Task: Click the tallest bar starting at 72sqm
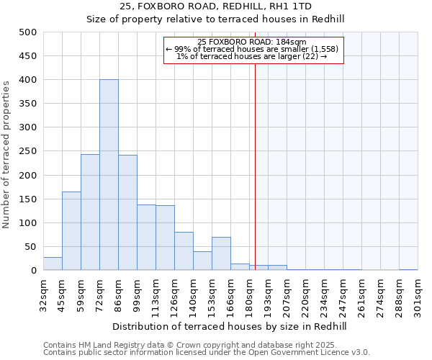pyautogui.click(x=109, y=175)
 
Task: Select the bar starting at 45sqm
pyautogui.click(x=71, y=230)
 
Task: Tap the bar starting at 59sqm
pyautogui.click(x=90, y=212)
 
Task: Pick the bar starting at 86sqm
pyautogui.click(x=127, y=212)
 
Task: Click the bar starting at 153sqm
pyautogui.click(x=221, y=253)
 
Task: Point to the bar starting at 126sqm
pyautogui.click(x=184, y=251)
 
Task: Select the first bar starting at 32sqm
pyautogui.click(x=53, y=264)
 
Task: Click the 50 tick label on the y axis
pyautogui.click(x=31, y=247)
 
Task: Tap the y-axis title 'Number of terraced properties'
pyautogui.click(x=6, y=154)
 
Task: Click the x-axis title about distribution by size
pyautogui.click(x=230, y=326)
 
